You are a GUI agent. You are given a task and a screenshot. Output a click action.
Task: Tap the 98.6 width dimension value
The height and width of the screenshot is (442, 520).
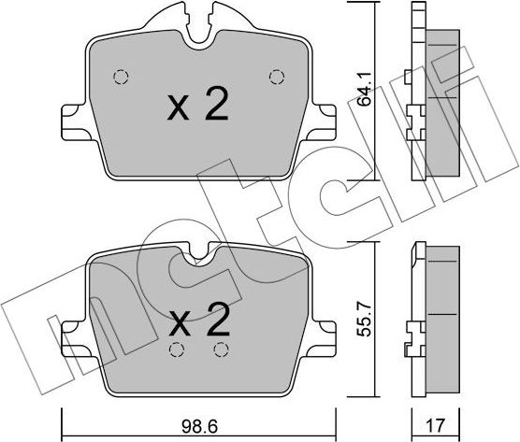pyautogui.click(x=199, y=425)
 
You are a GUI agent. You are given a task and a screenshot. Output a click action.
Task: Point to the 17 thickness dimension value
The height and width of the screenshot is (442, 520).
pyautogui.click(x=436, y=426)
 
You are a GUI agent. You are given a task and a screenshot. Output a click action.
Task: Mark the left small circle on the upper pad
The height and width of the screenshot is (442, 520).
pyautogui.click(x=119, y=77)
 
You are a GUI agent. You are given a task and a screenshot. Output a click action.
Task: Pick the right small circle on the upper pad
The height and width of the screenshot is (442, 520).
pyautogui.click(x=275, y=76)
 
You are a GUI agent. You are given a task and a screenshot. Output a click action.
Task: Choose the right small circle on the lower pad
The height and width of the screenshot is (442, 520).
pyautogui.click(x=221, y=350)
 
